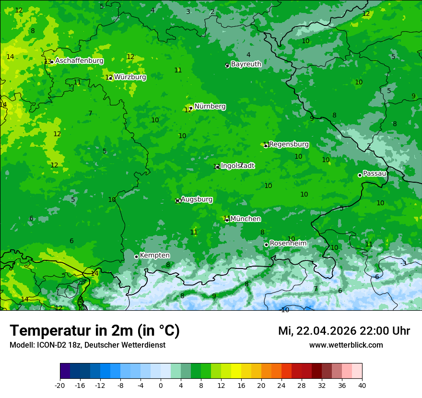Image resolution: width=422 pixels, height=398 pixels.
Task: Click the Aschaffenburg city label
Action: pyautogui.click(x=79, y=61)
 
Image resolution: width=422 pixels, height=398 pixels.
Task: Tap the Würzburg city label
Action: pyautogui.click(x=130, y=77)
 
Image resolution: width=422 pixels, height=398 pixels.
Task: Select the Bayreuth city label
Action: pyautogui.click(x=246, y=64)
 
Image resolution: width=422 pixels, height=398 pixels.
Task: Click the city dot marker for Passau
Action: pyautogui.click(x=360, y=175)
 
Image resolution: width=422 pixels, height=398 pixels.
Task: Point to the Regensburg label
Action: pyautogui.click(x=289, y=144)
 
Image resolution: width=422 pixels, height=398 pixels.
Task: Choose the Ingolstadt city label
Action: pyautogui.click(x=237, y=165)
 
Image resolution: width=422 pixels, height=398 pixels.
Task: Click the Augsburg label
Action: pyautogui.click(x=197, y=199)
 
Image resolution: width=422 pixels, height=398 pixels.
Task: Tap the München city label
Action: pyautogui.click(x=246, y=219)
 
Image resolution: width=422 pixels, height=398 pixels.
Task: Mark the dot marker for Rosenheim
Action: pyautogui.click(x=266, y=245)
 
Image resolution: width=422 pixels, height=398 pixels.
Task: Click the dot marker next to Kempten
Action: pyautogui.click(x=136, y=257)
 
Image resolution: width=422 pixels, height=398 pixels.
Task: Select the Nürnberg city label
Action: pyautogui.click(x=210, y=106)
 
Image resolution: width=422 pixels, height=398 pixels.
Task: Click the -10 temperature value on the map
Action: pyautogui.click(x=285, y=310)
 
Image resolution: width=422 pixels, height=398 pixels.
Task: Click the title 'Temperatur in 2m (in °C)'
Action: pyautogui.click(x=94, y=330)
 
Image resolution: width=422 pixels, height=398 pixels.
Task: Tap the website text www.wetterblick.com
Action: pyautogui.click(x=346, y=345)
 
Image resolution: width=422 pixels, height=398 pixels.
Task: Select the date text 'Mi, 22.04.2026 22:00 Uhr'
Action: pyautogui.click(x=344, y=331)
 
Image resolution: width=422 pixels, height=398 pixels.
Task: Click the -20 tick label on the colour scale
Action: pyautogui.click(x=60, y=385)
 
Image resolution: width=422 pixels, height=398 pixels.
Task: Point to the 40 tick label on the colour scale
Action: pyautogui.click(x=362, y=385)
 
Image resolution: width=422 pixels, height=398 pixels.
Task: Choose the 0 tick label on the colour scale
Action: pyautogui.click(x=161, y=385)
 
